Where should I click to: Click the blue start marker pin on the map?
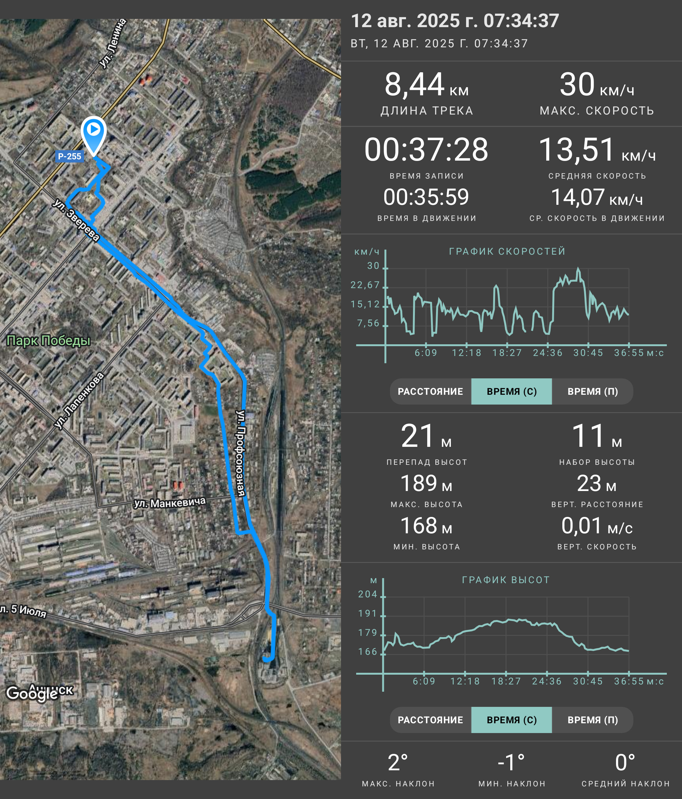coord(93,135)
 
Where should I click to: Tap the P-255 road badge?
coord(69,156)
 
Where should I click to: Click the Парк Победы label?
coord(49,340)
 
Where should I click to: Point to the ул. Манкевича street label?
coord(170,502)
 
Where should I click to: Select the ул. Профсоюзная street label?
coord(241,453)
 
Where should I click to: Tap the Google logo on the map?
coord(32,693)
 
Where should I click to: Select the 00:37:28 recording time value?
coord(426,150)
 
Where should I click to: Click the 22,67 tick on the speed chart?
coord(365,285)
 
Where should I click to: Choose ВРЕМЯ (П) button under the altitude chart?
coord(593,720)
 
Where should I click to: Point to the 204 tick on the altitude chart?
coord(368,594)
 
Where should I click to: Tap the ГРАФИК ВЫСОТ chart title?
coord(506,580)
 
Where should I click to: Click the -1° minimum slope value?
coord(511,762)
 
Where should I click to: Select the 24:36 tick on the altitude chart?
coord(547,681)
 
